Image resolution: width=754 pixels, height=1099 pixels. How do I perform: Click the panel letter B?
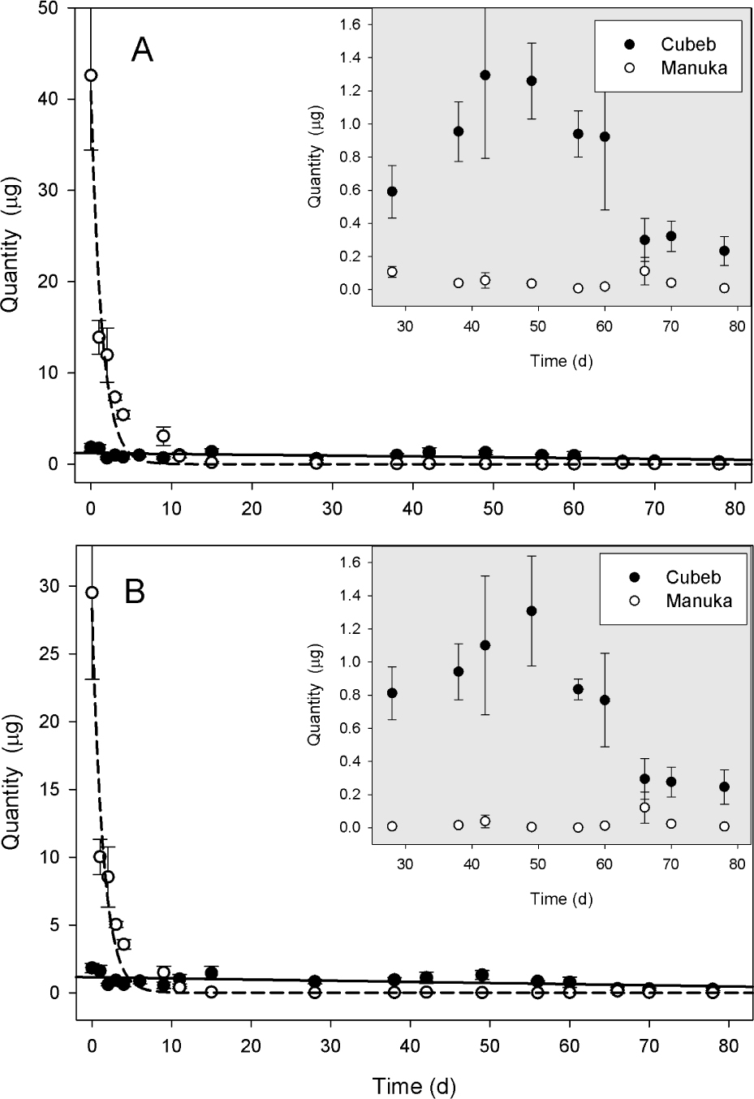click(x=135, y=593)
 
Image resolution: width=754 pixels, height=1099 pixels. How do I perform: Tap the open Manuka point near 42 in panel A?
click(x=91, y=75)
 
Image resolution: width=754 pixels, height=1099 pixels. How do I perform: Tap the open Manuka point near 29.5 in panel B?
click(x=92, y=593)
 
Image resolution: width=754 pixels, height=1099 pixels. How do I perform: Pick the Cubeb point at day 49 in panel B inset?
click(x=532, y=611)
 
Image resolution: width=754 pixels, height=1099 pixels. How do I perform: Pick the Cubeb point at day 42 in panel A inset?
click(x=485, y=75)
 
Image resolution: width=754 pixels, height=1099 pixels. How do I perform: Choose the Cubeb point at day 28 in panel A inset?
click(x=392, y=192)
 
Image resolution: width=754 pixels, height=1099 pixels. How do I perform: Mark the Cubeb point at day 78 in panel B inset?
click(x=724, y=787)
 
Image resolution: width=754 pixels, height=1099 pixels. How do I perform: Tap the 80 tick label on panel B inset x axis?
click(x=737, y=864)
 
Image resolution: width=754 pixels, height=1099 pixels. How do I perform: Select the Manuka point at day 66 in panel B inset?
click(x=644, y=808)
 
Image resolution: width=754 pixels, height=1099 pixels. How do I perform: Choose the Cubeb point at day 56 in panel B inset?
click(x=578, y=689)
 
